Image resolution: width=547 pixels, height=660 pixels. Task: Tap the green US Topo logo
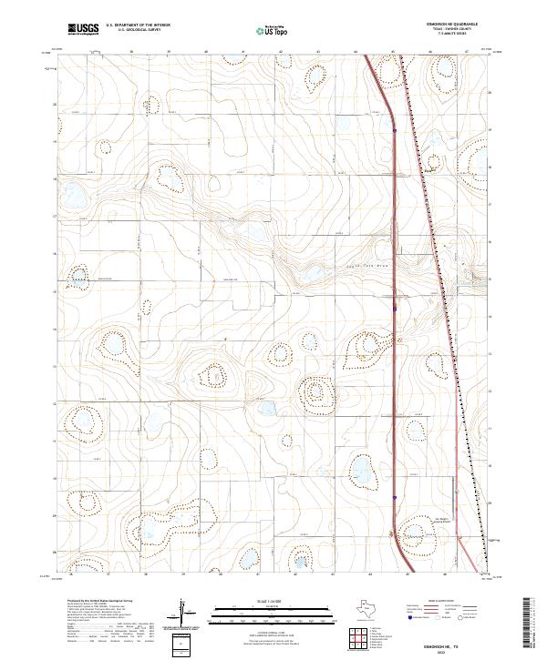coord(274,30)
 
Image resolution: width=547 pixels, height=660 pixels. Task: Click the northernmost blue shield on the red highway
coord(394,129)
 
